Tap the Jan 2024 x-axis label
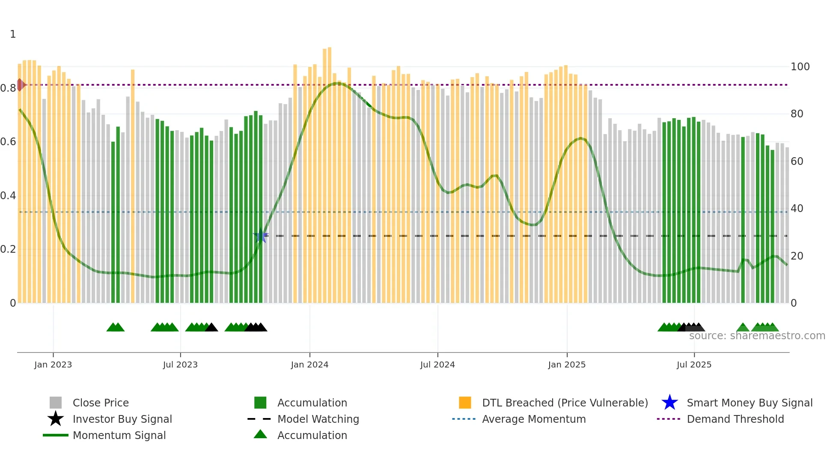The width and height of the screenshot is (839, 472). [x=309, y=364]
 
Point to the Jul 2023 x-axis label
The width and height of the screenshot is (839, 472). [x=180, y=364]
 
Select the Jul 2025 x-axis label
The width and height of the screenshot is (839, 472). [x=694, y=364]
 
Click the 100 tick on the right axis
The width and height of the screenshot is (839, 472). [x=800, y=67]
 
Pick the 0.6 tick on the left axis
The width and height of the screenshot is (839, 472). [x=9, y=142]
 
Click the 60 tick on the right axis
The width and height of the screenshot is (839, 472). [x=797, y=161]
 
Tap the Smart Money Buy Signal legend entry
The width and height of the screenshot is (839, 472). [x=749, y=403]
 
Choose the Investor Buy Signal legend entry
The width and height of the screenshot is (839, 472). [x=122, y=419]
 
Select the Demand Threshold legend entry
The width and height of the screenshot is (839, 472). [x=735, y=419]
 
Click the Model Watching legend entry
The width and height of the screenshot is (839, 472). [x=318, y=419]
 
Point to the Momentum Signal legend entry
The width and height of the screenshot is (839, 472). [x=119, y=435]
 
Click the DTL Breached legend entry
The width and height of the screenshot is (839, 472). [x=565, y=403]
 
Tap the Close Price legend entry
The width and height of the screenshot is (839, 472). [x=101, y=403]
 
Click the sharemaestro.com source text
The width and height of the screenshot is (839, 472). [x=757, y=336]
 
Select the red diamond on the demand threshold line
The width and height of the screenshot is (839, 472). [x=20, y=85]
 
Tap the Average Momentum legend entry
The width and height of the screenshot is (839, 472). [x=533, y=419]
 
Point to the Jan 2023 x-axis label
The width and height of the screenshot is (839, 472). [x=53, y=364]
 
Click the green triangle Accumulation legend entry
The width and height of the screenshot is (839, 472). [x=312, y=435]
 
